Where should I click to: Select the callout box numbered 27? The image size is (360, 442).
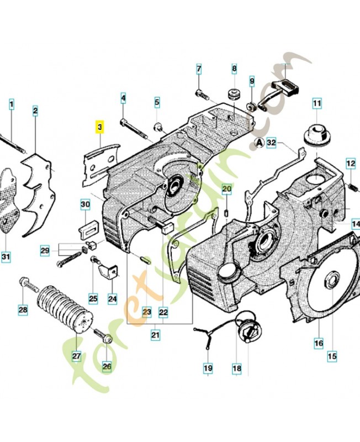click(x=77, y=356)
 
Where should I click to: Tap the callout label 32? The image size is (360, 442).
click(x=271, y=143)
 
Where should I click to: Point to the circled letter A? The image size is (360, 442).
click(x=258, y=143)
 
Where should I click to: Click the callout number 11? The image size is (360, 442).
click(x=317, y=103)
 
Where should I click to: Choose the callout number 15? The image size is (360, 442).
click(x=332, y=357)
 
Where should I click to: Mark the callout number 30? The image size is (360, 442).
click(x=85, y=205)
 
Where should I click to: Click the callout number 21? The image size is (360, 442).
click(x=155, y=334)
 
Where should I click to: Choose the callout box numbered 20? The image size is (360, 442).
click(x=226, y=190)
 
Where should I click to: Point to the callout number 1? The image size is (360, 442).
click(x=12, y=103)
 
